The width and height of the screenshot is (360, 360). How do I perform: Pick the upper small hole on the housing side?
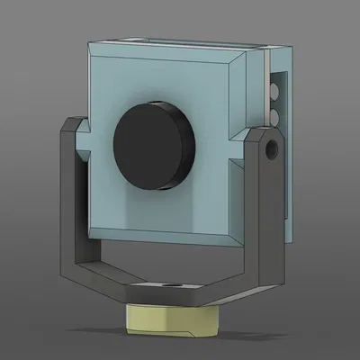[x=274, y=91]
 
